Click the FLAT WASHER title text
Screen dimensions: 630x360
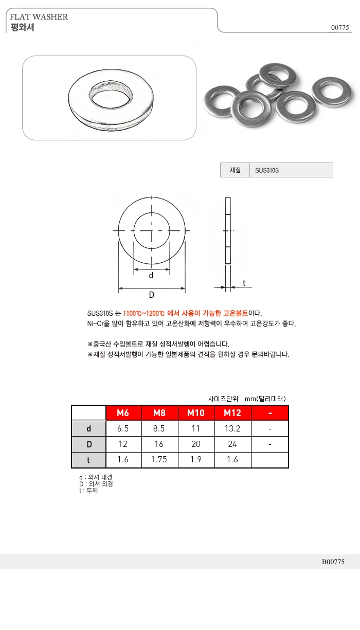pos(39,17)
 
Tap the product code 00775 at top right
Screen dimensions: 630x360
pos(340,28)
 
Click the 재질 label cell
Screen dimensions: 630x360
pos(235,170)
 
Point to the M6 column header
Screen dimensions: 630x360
pos(123,413)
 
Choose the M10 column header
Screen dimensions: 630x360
pos(196,413)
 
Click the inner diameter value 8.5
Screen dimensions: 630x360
pos(159,429)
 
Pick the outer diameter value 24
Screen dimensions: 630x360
pos(232,444)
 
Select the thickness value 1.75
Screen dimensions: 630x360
pos(159,460)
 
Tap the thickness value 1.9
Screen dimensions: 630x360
pos(196,460)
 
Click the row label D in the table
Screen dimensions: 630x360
pos(88,444)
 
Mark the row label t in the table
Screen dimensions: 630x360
pos(88,460)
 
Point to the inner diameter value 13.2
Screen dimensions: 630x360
pos(232,429)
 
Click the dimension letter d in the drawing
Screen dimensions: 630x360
pos(151,275)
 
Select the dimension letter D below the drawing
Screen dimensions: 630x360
pos(152,295)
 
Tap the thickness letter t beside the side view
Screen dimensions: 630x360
pos(244,283)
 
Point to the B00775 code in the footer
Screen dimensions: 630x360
pos(333,562)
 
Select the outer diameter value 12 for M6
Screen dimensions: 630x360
pos(123,444)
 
